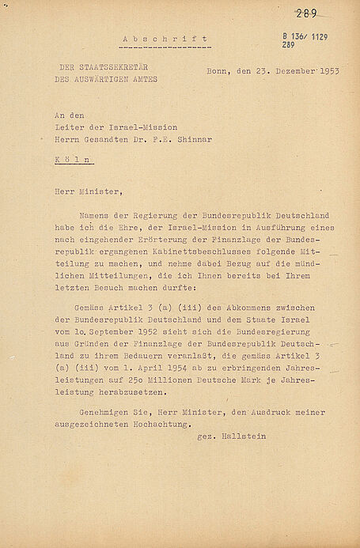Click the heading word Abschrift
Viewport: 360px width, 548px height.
click(166, 38)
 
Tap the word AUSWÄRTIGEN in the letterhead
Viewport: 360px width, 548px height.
click(114, 78)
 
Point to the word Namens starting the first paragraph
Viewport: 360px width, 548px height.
click(94, 214)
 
